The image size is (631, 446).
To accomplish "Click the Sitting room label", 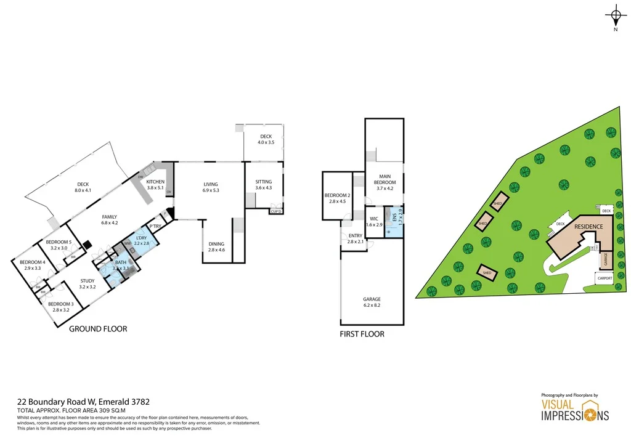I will pos(264,184).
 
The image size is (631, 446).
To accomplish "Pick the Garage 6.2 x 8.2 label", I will pos(372,302).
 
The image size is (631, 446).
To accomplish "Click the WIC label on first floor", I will pos(374,222).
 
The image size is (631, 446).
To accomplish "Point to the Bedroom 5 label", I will pos(61,245).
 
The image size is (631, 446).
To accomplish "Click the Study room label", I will pos(88,283).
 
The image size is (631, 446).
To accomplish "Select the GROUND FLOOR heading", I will pos(98,329).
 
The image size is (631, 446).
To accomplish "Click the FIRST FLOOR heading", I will pos(362,334).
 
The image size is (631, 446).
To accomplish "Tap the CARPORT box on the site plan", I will pos(605,278).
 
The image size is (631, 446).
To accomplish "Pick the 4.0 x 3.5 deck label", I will pos(266,140).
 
